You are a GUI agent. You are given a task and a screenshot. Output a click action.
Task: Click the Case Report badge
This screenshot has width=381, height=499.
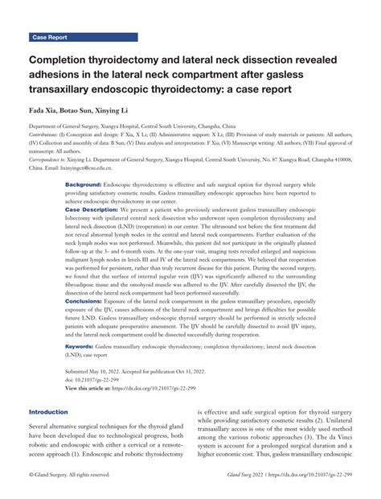pos(50,37)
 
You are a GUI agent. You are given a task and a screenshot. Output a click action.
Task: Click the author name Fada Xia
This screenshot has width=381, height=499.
pos(45,107)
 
